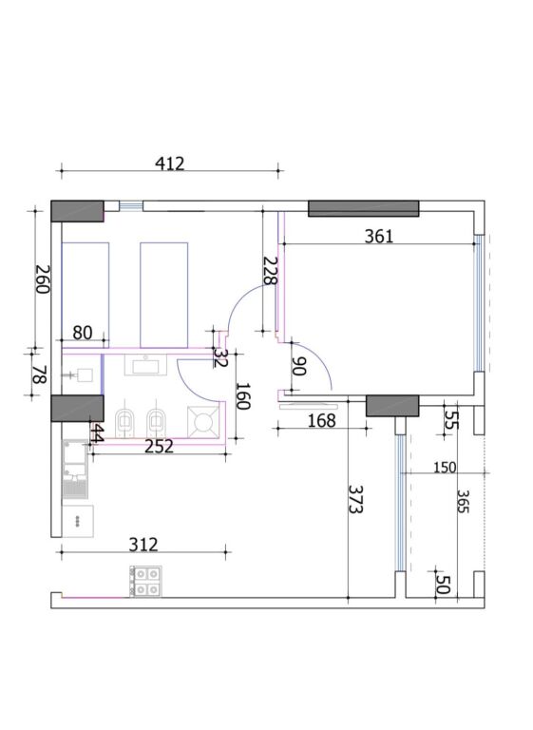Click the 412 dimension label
[170, 163]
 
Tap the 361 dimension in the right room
[378, 237]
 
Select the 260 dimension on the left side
[43, 279]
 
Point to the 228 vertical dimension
[270, 271]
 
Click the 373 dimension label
[356, 500]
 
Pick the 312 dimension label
[143, 545]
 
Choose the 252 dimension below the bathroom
[159, 447]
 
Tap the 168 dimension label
[322, 421]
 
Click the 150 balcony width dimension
[445, 467]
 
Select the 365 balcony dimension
[463, 502]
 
